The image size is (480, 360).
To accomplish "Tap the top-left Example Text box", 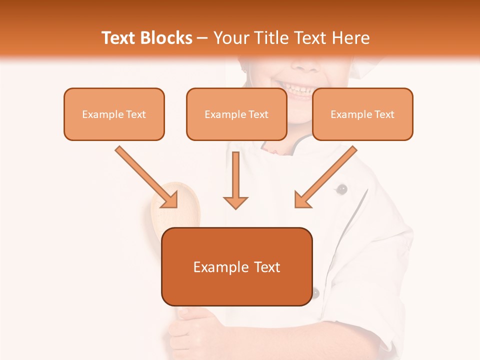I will point(114,114).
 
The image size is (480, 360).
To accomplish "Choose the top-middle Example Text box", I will point(236,114).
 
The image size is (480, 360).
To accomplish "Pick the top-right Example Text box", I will point(362,114).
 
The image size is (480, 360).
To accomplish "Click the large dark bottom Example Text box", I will point(236,266).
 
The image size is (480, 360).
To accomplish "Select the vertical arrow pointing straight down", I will point(235,180).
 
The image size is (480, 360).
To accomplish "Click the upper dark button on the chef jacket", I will point(342,189).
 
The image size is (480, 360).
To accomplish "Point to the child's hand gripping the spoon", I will point(190,330).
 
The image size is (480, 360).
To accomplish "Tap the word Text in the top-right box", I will point(384,114).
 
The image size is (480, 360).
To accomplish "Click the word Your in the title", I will point(231,38).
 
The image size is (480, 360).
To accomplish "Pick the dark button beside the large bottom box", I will point(315,293).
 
